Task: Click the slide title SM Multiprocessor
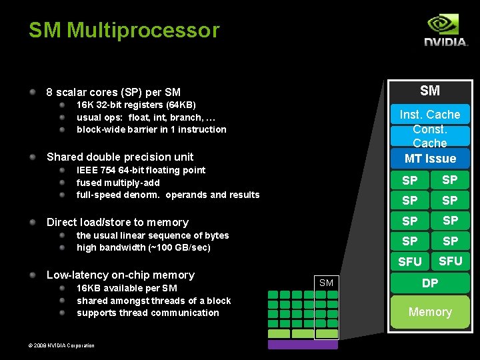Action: tap(123, 30)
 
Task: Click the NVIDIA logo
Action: tap(445, 31)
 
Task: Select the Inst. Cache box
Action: tap(429, 115)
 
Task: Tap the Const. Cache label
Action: tap(429, 136)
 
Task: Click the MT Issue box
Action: tap(430, 159)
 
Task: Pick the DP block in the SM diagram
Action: tap(430, 283)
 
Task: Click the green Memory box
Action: tap(430, 312)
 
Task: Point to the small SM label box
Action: tap(326, 283)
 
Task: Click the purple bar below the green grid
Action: tap(303, 345)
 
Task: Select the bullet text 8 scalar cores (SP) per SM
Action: tap(113, 92)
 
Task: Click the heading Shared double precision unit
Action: tap(120, 157)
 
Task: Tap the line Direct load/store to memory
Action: tap(117, 222)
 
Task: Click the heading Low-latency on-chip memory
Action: tap(120, 275)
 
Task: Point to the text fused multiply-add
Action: tap(118, 183)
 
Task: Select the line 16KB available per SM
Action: tap(127, 288)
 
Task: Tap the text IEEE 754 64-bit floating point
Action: tap(141, 170)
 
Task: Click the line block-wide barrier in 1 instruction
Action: tap(151, 129)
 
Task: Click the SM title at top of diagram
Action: tap(430, 90)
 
